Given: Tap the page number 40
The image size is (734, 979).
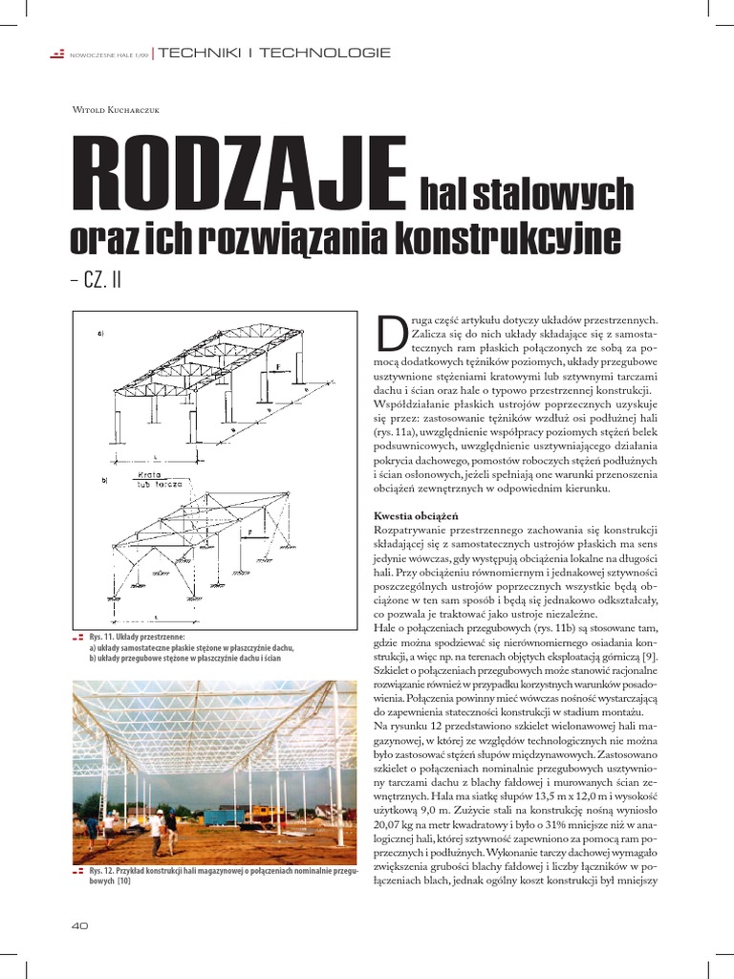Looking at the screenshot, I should tap(79, 926).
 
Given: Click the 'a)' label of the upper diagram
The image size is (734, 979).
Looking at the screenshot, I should tap(101, 334).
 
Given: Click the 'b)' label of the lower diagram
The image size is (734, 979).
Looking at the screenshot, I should tap(104, 479).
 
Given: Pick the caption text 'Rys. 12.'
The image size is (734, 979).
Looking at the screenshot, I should tap(101, 872).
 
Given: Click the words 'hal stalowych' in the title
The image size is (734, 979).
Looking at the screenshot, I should tap(527, 195).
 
